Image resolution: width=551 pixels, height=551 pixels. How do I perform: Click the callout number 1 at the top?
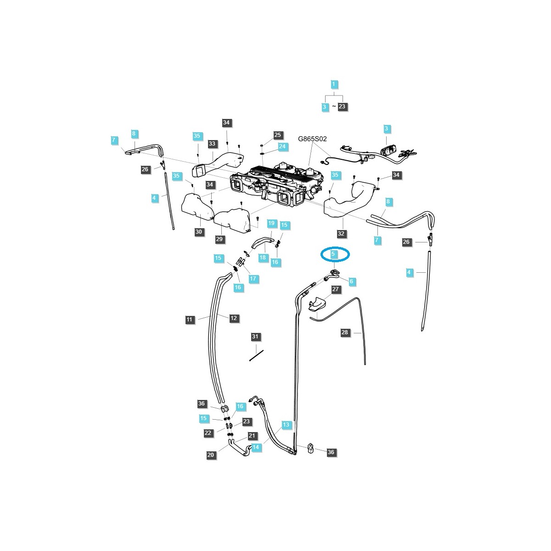(x=334, y=84)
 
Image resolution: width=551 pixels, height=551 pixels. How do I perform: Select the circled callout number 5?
(x=334, y=253)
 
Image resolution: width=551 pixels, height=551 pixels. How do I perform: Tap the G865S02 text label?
(x=313, y=139)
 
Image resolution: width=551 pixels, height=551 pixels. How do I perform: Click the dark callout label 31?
(x=255, y=337)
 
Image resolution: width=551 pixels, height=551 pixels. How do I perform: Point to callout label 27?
(x=336, y=289)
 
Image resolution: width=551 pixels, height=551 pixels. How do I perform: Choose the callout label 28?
(x=345, y=332)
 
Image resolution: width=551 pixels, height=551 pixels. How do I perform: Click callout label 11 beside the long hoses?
(x=190, y=320)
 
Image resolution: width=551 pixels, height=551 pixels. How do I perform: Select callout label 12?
(x=234, y=318)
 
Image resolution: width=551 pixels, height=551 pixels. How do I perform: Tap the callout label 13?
(x=286, y=425)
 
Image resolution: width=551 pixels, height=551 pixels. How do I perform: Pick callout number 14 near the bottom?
(x=256, y=447)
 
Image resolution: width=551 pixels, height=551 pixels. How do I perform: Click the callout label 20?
(x=211, y=455)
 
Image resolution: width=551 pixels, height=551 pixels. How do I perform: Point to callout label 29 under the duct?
(x=219, y=239)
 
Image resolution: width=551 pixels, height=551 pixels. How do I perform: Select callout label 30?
(x=198, y=232)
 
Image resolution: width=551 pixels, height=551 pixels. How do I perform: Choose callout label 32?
(x=341, y=234)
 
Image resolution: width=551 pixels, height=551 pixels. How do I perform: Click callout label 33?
(x=212, y=144)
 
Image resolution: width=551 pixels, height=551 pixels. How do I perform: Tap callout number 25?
(x=278, y=135)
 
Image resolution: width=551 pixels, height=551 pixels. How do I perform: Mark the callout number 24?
(x=282, y=147)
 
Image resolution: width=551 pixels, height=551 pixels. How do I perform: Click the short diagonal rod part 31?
(x=256, y=355)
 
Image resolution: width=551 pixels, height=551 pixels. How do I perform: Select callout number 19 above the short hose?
(x=271, y=224)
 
